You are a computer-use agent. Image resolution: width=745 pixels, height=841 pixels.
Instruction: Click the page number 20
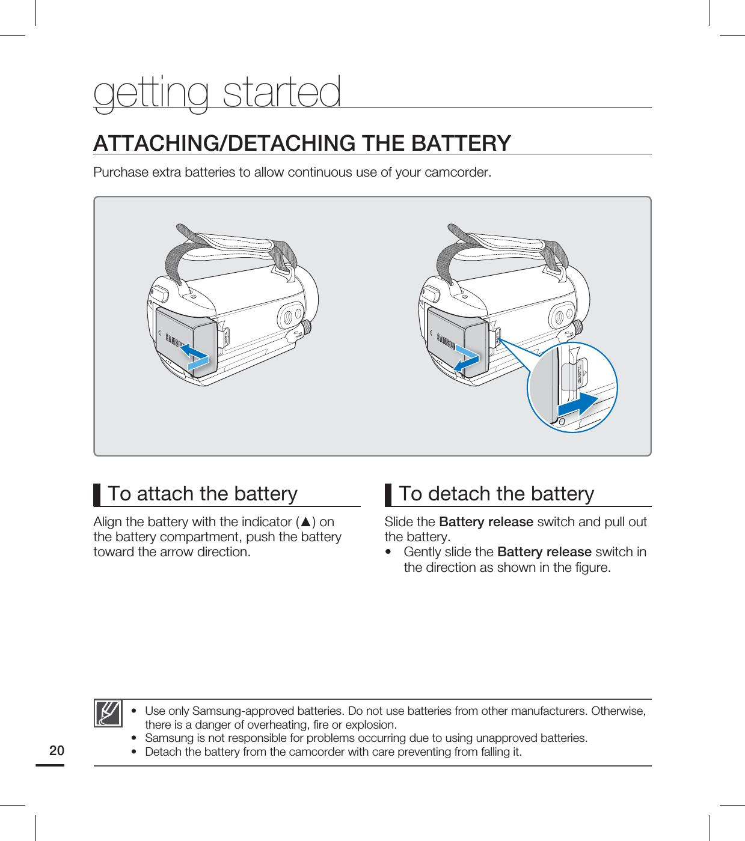click(57, 750)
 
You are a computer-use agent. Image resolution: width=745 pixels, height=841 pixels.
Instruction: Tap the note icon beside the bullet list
click(108, 713)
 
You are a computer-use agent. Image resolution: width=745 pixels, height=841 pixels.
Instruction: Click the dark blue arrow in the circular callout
click(578, 405)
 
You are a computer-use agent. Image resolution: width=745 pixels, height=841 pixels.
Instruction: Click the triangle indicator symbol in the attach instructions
click(305, 522)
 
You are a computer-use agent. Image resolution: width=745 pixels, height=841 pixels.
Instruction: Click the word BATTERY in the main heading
click(461, 144)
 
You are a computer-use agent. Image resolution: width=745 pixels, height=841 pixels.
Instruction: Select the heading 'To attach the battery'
click(203, 494)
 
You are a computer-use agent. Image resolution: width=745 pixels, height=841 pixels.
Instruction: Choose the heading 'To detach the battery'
click(496, 494)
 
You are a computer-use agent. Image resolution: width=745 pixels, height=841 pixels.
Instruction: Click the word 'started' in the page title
click(281, 93)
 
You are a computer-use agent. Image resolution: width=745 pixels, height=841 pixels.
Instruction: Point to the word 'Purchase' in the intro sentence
click(121, 172)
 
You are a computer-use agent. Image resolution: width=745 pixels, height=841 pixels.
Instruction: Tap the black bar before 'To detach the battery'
click(388, 494)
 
